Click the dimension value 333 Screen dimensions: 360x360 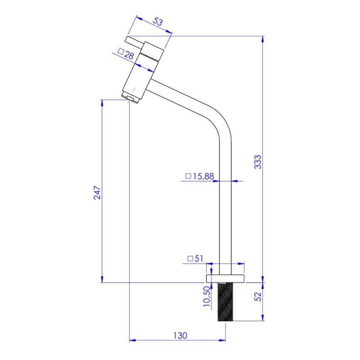click(257, 162)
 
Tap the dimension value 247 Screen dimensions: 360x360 click(97, 193)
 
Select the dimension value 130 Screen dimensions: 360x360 click(180, 335)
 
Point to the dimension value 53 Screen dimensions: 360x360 click(158, 22)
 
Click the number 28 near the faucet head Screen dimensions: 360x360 click(129, 55)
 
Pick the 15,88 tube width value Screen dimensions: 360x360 click(203, 176)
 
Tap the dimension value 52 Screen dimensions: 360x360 click(258, 297)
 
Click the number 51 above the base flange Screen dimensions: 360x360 click(199, 258)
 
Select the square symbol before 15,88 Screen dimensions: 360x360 click(188, 176)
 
